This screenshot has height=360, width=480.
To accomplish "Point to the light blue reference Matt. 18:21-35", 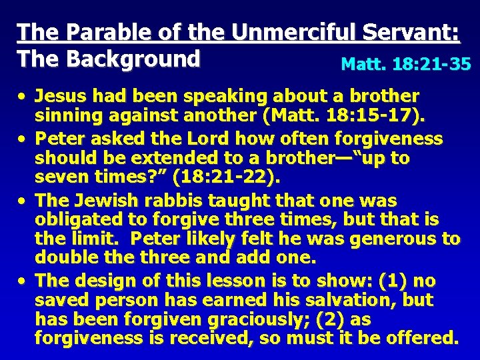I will [406, 64].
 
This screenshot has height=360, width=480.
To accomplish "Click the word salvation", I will [356, 300].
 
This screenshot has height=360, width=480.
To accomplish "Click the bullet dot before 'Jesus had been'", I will [23, 97].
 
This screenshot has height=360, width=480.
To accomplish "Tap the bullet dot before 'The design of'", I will [23, 281].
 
